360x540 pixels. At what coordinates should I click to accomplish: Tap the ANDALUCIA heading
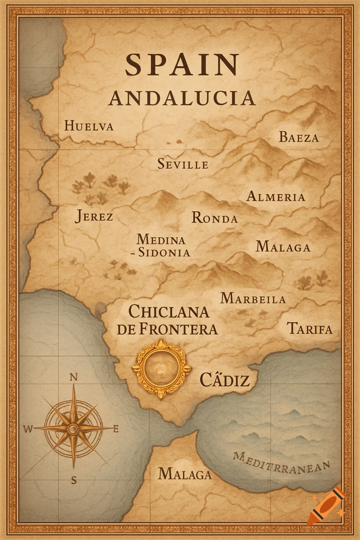(x=181, y=98)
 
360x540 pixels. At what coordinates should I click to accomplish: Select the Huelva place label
(x=89, y=126)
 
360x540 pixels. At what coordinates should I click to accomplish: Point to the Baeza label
(x=299, y=137)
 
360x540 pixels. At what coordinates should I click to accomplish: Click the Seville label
(x=183, y=164)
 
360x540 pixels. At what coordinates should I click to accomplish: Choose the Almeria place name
(x=276, y=196)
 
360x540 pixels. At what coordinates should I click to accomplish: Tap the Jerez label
(x=94, y=216)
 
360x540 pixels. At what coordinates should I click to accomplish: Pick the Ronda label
(x=214, y=218)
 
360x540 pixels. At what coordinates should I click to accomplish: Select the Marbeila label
(x=253, y=298)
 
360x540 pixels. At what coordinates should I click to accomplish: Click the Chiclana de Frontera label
(x=167, y=320)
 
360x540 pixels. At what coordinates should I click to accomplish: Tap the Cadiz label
(x=224, y=380)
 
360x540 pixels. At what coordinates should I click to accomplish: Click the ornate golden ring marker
(x=161, y=369)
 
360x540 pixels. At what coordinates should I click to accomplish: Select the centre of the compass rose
(x=73, y=428)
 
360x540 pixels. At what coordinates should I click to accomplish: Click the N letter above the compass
(x=73, y=377)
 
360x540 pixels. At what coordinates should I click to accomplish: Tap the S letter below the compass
(x=73, y=480)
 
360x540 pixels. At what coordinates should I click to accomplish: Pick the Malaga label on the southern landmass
(x=185, y=474)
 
